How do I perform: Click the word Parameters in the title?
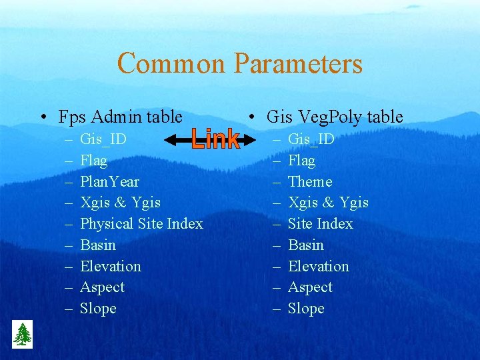pyautogui.click(x=298, y=64)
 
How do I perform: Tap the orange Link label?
pyautogui.click(x=215, y=139)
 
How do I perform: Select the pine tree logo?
pyautogui.click(x=22, y=334)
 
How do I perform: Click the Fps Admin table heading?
pyautogui.click(x=120, y=117)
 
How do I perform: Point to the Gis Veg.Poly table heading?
pyautogui.click(x=334, y=117)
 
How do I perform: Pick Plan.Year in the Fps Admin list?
pyautogui.click(x=109, y=181)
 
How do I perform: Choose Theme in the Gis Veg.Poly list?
pyautogui.click(x=309, y=181)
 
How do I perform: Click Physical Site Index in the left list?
pyautogui.click(x=141, y=223)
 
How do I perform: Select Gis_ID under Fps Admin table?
pyautogui.click(x=103, y=139)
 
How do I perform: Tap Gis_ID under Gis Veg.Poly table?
pyautogui.click(x=311, y=139)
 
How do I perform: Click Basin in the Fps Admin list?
pyautogui.click(x=98, y=245)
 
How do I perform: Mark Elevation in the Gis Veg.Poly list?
pyautogui.click(x=318, y=266)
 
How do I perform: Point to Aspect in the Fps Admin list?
pyautogui.click(x=102, y=287)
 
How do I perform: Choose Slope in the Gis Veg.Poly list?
pyautogui.click(x=306, y=309)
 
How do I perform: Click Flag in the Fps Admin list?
pyautogui.click(x=93, y=161)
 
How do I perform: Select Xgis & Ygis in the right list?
pyautogui.click(x=328, y=203)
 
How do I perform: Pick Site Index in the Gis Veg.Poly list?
pyautogui.click(x=320, y=223)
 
